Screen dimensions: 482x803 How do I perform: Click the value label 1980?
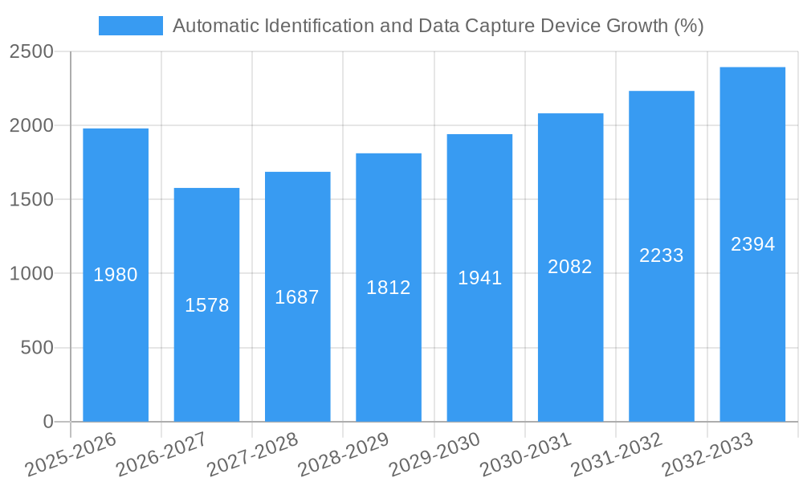116,275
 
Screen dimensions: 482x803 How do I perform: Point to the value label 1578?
206,305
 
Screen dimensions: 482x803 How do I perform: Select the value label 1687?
297,297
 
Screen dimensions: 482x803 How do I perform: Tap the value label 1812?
389,288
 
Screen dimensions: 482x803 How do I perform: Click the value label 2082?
570,267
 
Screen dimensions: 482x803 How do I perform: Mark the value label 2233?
662,255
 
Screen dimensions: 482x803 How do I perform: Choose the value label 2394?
752,244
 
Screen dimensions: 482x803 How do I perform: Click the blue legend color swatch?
130,26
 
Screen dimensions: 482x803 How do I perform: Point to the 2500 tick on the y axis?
31,52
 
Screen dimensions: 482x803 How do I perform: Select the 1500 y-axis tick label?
31,200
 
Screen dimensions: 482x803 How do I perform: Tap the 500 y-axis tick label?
37,348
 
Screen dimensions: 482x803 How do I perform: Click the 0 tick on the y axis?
47,422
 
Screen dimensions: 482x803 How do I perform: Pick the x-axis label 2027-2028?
253,454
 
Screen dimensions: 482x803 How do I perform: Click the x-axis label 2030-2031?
526,454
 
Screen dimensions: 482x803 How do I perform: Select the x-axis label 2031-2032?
617,454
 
